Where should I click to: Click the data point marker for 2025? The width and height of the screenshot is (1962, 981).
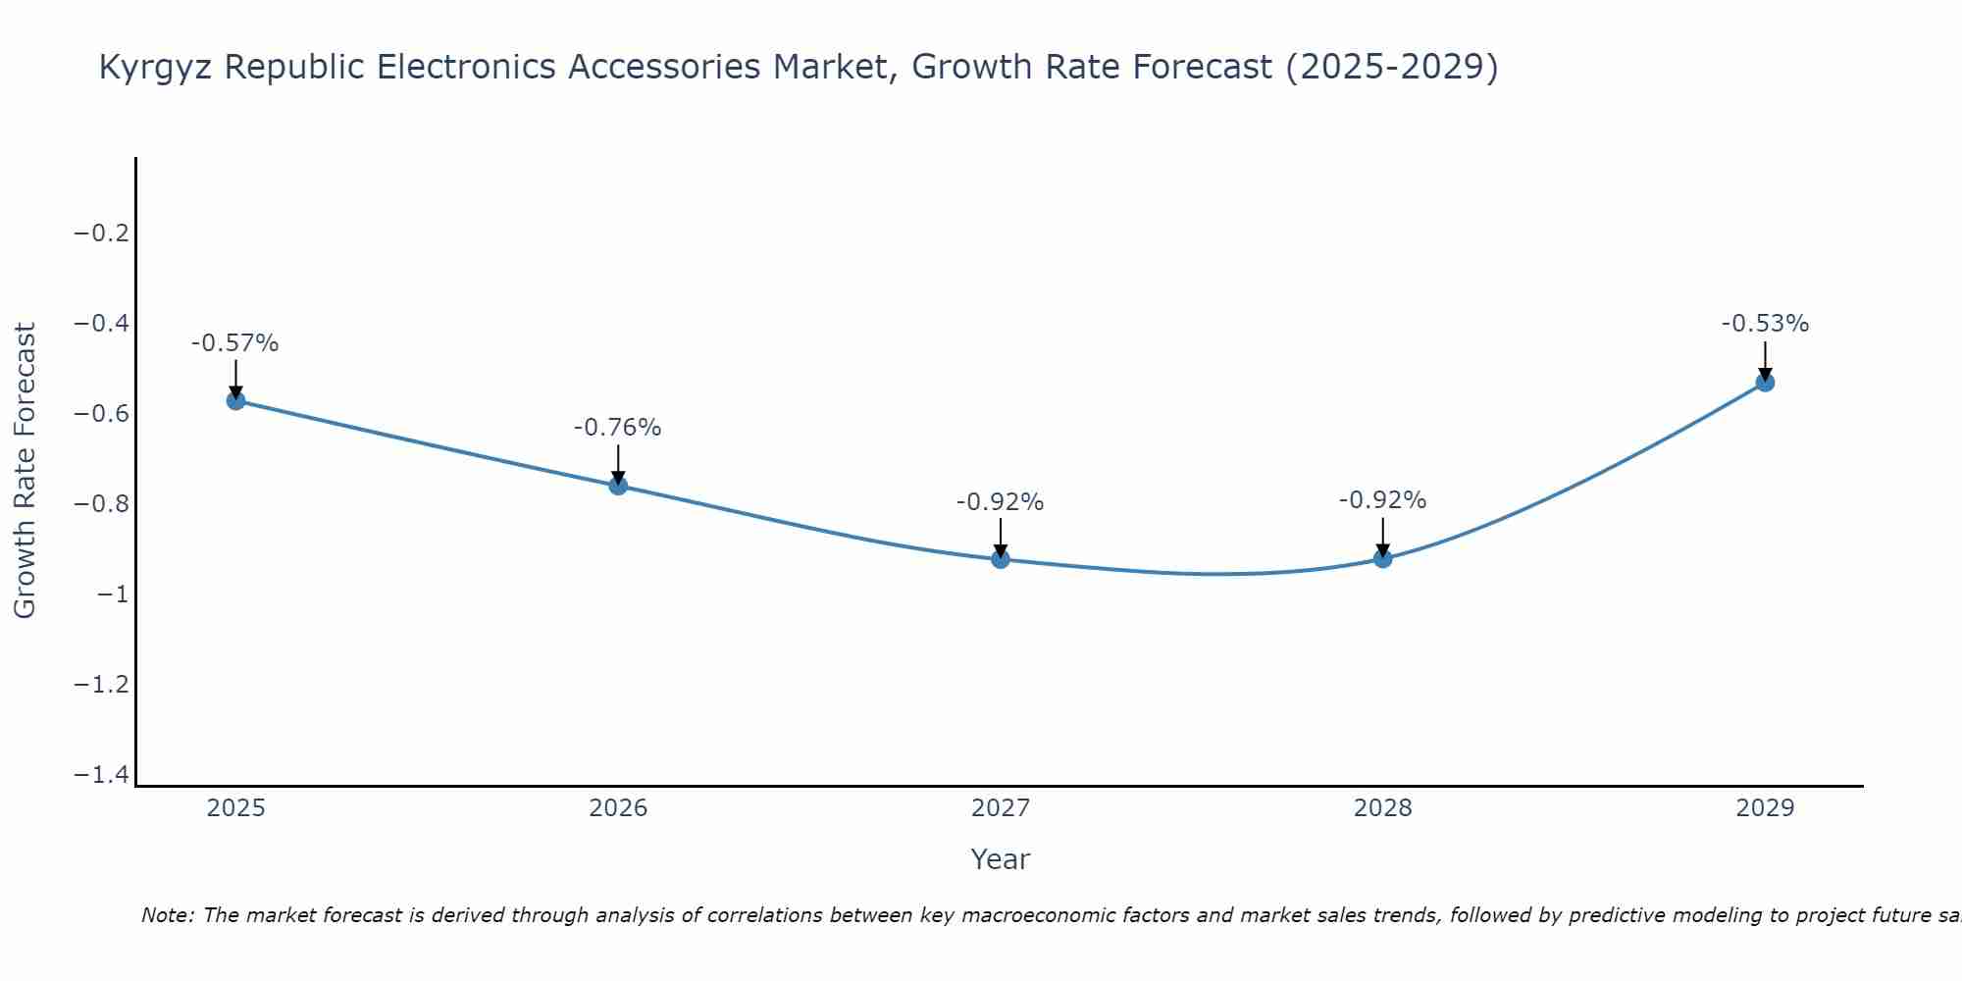coord(235,400)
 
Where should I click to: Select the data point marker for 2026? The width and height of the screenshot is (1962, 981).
coord(618,485)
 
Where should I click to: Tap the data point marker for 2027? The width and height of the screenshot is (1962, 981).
coord(1001,559)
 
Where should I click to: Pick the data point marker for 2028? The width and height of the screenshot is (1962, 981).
coord(1383,558)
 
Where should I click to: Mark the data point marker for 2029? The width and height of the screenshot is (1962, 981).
coord(1765,383)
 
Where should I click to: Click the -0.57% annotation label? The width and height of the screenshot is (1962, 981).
coord(234,343)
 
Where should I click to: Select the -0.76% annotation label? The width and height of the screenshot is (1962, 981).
coord(617,428)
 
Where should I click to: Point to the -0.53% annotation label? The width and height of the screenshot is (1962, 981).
coord(1765,324)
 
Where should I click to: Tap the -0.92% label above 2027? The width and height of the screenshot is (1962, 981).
coord(1000,502)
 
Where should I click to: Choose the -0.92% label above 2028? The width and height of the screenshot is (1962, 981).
coord(1382,500)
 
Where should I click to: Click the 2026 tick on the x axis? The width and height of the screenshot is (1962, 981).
coord(618,808)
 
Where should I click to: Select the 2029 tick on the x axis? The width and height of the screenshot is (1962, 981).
coord(1765,808)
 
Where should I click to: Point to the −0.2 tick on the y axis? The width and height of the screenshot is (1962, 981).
coord(101,233)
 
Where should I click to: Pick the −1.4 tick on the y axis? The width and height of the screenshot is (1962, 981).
coord(101,775)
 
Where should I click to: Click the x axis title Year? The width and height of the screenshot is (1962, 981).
coord(1000,859)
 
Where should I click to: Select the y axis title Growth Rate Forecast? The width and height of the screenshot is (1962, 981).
coord(25,471)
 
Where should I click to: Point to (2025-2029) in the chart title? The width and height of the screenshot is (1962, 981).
coord(1391,67)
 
